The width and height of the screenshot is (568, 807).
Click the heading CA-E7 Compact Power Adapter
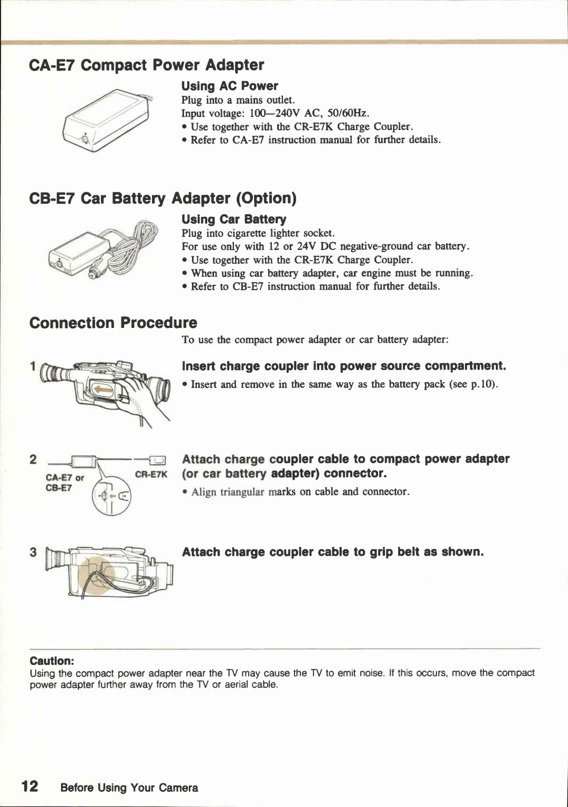click(x=147, y=65)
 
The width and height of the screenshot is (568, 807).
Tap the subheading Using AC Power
click(x=229, y=86)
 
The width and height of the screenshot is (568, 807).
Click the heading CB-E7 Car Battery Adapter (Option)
click(x=163, y=198)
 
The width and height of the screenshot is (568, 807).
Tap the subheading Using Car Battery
click(x=234, y=220)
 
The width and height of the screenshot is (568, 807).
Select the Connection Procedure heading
click(x=113, y=323)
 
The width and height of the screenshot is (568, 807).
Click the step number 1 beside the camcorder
click(x=33, y=366)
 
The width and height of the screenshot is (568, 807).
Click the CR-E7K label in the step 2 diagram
click(x=151, y=475)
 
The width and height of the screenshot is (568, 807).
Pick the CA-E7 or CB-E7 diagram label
click(x=64, y=483)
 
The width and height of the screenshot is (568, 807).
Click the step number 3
click(x=33, y=552)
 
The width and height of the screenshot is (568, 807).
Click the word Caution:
click(x=52, y=661)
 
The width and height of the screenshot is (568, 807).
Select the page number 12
click(x=29, y=786)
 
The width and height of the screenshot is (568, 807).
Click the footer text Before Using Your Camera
click(x=129, y=788)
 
